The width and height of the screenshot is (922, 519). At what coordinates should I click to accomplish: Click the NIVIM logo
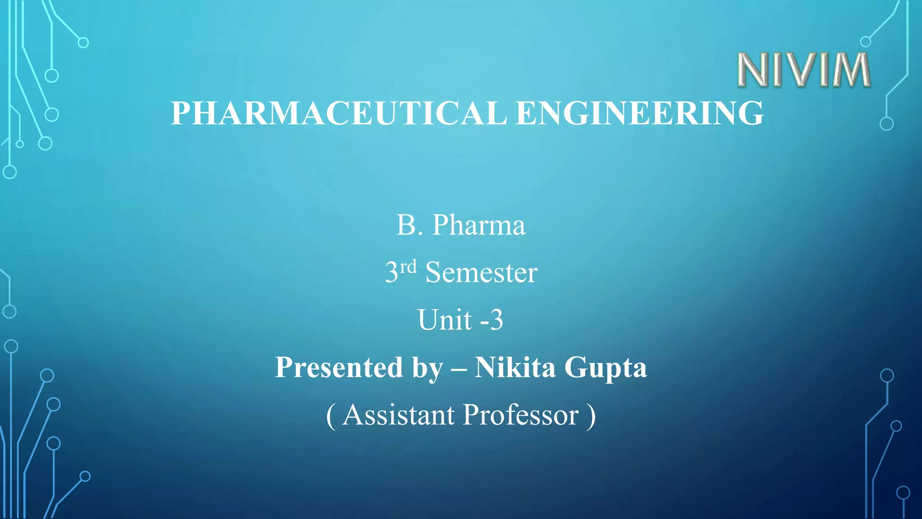point(804,70)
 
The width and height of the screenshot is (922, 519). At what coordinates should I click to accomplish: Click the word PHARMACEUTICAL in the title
point(339,113)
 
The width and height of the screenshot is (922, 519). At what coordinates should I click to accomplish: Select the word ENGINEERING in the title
point(640,113)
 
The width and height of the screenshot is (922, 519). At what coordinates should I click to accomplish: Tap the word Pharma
point(479,225)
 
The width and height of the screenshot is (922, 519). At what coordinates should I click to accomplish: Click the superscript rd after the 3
point(408,267)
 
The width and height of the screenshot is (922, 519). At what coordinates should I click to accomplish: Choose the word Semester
point(481,273)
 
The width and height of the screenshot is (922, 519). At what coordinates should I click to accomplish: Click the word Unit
point(444,320)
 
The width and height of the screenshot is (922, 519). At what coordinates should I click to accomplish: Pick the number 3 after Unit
point(496,320)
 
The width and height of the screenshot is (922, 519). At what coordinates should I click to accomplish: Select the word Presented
point(339,367)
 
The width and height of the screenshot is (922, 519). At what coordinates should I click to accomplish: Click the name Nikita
point(515,367)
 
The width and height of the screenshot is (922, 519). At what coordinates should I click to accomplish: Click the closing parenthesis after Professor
point(591,416)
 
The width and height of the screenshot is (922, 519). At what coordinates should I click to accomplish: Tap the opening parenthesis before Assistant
point(330,416)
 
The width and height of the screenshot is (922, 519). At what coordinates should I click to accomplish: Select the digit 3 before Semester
point(392,273)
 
